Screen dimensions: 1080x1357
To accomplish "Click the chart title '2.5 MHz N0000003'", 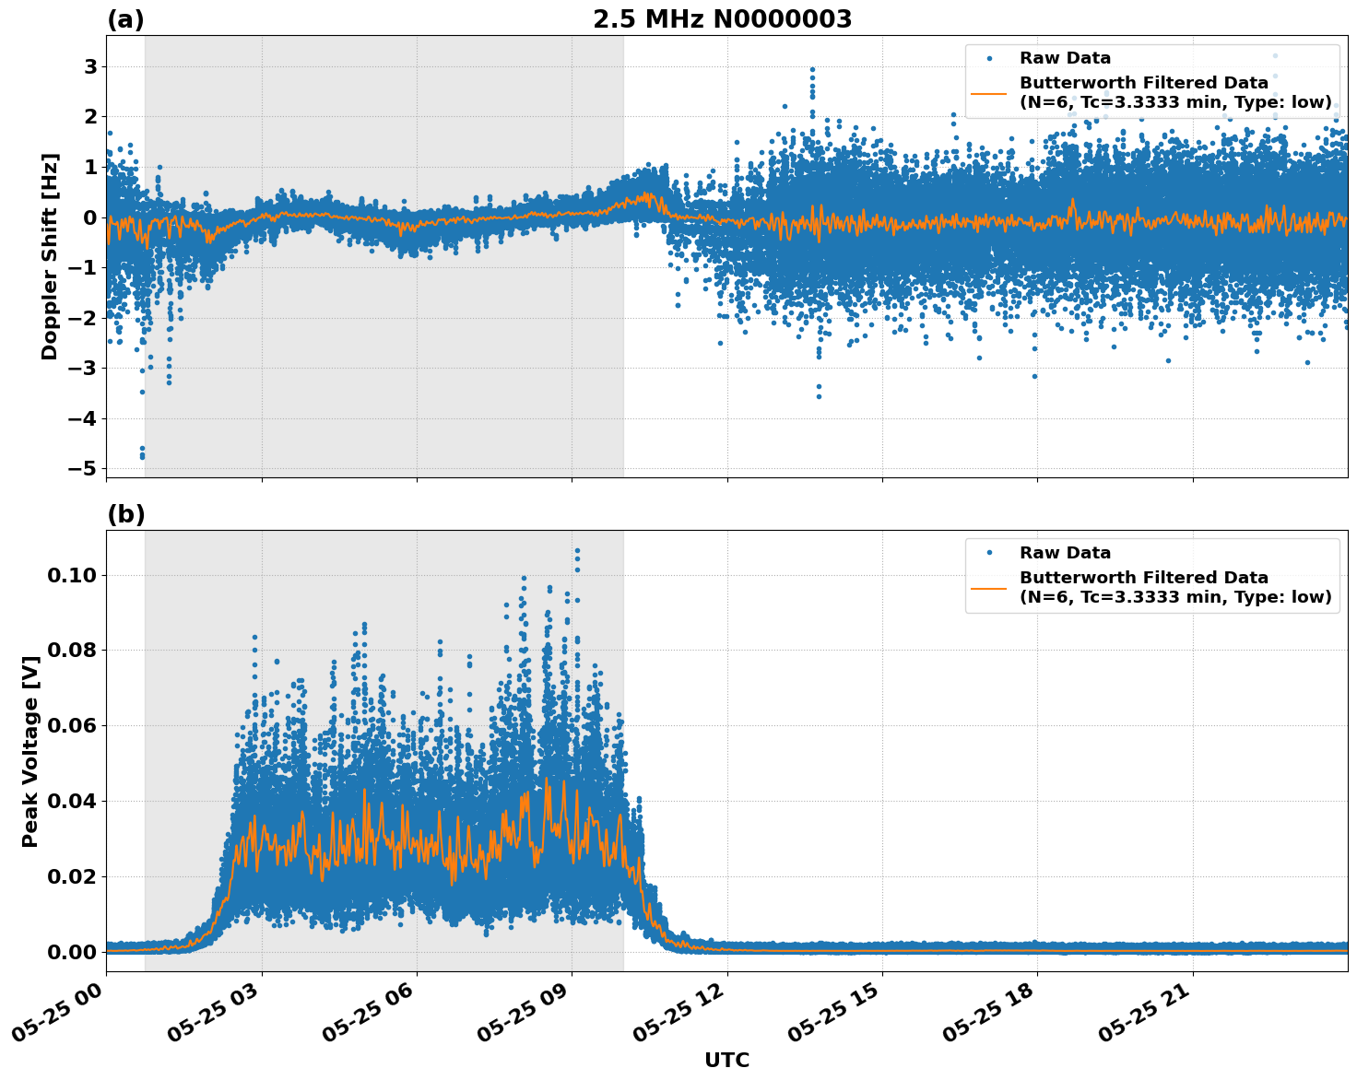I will click(722, 19).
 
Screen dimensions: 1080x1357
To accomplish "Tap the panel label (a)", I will click(125, 19).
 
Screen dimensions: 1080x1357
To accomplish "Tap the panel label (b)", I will click(125, 514).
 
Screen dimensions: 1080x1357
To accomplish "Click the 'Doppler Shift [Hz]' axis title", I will click(50, 256).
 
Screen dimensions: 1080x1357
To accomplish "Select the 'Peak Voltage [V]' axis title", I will click(30, 751).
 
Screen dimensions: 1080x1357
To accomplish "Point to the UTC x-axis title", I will click(726, 1060).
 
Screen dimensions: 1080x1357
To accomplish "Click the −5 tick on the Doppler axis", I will click(82, 468).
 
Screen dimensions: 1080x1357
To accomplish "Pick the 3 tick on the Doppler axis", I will click(90, 66).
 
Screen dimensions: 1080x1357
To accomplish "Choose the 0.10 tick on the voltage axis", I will click(71, 575).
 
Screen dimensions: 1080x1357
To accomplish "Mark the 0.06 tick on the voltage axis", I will click(71, 725).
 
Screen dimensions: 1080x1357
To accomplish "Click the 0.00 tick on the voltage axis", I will click(71, 952).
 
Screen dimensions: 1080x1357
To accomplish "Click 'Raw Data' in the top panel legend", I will click(1065, 58).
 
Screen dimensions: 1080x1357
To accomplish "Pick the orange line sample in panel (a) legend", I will click(988, 92).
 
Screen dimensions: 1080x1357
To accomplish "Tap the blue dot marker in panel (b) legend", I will click(988, 553).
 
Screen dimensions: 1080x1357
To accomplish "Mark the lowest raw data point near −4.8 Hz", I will click(142, 456).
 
